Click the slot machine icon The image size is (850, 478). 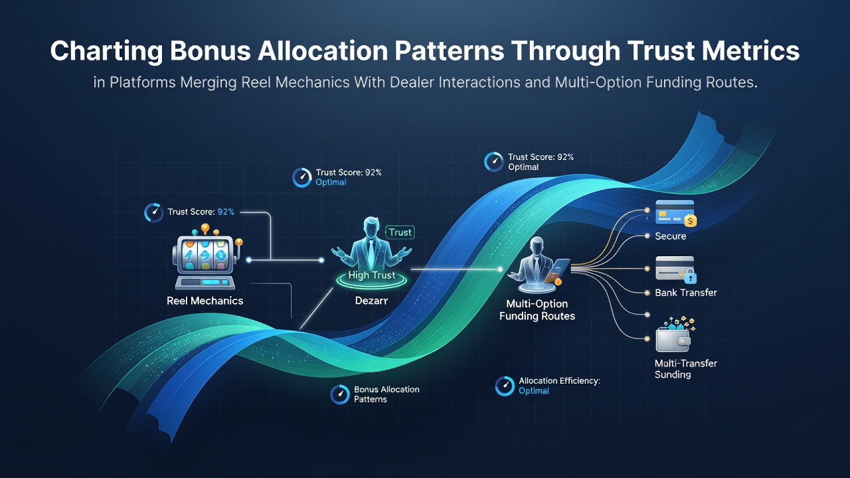[x=207, y=258]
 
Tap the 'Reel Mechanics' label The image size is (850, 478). [x=205, y=301]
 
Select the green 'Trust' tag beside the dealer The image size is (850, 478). [x=400, y=232]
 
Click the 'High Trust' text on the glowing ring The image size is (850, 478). [x=371, y=275]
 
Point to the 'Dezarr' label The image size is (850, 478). [x=371, y=301]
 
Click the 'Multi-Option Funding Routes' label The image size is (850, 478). [x=537, y=310]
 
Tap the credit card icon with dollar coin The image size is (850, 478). [x=676, y=214]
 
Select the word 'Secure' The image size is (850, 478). [x=671, y=236]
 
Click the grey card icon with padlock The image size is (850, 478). [x=676, y=270]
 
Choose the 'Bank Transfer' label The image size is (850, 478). [x=686, y=293]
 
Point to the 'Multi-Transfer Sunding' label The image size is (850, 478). [x=686, y=369]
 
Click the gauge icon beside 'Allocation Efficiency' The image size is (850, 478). [x=505, y=386]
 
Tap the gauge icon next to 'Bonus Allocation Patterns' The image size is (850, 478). [x=339, y=394]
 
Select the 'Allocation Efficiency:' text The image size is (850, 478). [x=559, y=381]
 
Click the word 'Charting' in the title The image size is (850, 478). [x=107, y=51]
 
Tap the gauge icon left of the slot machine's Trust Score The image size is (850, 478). [x=153, y=212]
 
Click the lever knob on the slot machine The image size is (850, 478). [x=238, y=242]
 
